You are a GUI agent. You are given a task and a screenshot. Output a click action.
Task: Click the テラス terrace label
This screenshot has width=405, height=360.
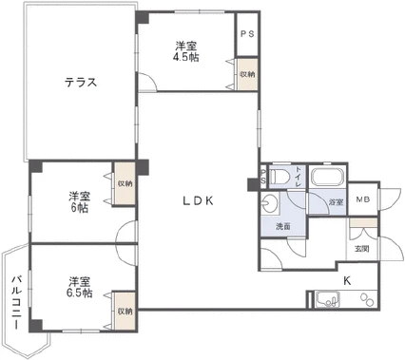click(x=81, y=81)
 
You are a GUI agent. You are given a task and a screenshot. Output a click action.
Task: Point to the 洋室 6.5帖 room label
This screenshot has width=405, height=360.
click(x=79, y=287)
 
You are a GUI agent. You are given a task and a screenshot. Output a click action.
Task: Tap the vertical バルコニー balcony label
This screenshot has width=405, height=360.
click(x=16, y=302)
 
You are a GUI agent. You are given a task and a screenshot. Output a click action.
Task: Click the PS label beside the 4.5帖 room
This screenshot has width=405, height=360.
click(x=246, y=34)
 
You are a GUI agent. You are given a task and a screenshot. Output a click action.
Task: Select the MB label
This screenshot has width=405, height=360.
click(x=362, y=199)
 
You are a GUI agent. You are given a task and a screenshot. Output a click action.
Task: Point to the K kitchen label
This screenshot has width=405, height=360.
click(x=347, y=280)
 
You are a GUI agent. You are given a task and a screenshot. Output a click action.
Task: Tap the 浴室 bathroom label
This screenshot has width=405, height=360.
click(x=336, y=202)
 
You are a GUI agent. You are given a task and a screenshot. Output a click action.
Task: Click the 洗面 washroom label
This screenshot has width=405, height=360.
click(x=283, y=227)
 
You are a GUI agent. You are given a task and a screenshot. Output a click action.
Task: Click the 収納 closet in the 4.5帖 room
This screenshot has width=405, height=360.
click(x=247, y=73)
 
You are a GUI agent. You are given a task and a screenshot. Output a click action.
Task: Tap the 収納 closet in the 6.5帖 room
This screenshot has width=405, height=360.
click(x=125, y=311)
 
